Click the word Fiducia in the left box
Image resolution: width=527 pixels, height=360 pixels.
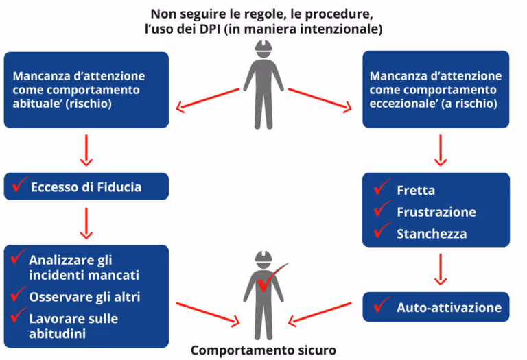click(118, 187)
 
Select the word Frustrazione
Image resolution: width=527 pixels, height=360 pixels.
click(436, 212)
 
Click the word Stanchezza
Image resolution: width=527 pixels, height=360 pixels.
click(431, 234)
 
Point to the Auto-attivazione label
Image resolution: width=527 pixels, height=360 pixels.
click(449, 308)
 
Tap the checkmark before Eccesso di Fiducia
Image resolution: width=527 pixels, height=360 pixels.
click(19, 184)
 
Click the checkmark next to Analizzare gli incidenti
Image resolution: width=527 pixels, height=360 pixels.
click(19, 259)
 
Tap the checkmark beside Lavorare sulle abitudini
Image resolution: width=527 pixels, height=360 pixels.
click(19, 317)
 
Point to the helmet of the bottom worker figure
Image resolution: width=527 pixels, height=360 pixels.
click(263, 259)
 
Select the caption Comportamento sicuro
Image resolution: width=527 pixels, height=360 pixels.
click(263, 350)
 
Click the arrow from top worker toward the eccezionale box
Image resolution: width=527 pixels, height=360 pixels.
click(320, 99)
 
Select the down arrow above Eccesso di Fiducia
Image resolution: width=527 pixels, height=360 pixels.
click(86, 150)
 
